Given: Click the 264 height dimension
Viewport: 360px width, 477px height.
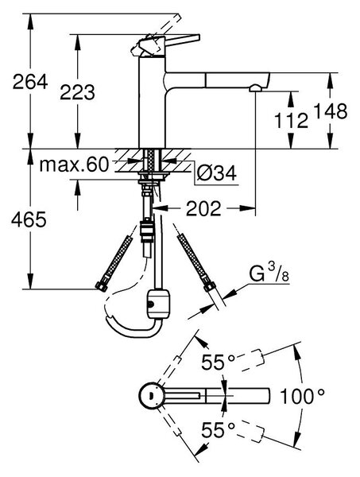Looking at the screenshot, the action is (x=30, y=82).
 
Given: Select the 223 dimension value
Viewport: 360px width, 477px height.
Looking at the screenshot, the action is (x=78, y=92).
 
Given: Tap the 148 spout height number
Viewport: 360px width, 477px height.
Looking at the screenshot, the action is (x=330, y=111).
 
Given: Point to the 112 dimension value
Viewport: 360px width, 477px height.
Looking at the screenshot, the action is (x=292, y=120).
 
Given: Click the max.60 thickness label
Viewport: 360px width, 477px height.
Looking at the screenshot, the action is (x=74, y=165).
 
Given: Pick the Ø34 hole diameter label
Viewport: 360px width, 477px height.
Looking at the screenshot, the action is (x=216, y=174).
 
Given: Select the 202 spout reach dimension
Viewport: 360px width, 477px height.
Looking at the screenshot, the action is (x=203, y=208).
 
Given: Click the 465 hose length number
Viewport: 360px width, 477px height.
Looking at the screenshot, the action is (x=29, y=219).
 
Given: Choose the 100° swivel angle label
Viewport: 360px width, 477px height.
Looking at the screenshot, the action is (x=302, y=397).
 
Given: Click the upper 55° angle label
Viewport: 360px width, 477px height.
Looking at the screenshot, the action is (x=219, y=362).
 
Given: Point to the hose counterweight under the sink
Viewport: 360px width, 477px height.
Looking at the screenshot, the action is (x=158, y=304).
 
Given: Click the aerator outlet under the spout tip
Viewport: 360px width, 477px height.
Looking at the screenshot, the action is (x=254, y=88).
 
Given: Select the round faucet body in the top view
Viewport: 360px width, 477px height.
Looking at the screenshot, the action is (x=152, y=396).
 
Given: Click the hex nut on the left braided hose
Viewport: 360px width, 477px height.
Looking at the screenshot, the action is (x=101, y=286).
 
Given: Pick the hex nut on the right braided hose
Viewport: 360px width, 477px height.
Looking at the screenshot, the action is (x=210, y=286).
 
